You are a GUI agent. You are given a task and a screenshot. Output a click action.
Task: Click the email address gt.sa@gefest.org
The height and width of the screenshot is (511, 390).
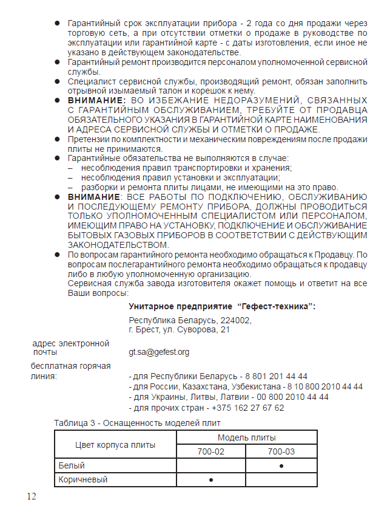pos(159,352)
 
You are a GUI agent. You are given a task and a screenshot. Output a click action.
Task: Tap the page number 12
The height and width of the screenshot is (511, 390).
pos(32,496)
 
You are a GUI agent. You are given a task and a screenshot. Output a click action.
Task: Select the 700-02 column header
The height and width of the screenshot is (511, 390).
pos(211,451)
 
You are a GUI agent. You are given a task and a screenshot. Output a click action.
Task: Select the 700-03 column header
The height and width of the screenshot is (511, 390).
pos(281,451)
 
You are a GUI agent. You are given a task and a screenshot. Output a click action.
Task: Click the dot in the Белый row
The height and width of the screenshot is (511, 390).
pos(281,466)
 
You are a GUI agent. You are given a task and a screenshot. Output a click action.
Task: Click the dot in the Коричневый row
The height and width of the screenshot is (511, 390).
pos(211,480)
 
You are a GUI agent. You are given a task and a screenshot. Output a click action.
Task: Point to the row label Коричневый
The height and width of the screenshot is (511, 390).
pos(83,480)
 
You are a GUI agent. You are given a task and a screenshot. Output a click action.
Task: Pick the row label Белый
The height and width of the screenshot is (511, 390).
pos(72,466)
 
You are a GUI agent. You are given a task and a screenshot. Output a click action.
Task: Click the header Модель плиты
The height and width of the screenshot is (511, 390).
pos(246,437)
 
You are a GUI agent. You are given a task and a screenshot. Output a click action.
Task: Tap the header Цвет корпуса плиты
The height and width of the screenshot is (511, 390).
pos(115,445)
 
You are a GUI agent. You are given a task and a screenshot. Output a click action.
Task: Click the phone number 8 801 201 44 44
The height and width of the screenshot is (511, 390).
pos(276,376)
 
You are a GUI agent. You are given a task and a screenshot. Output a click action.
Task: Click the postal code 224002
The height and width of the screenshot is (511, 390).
pos(237,320)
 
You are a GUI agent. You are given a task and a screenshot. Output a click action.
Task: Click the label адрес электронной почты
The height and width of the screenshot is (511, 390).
pos(70,347)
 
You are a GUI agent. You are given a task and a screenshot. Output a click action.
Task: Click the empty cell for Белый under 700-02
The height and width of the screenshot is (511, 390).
pos(211,466)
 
